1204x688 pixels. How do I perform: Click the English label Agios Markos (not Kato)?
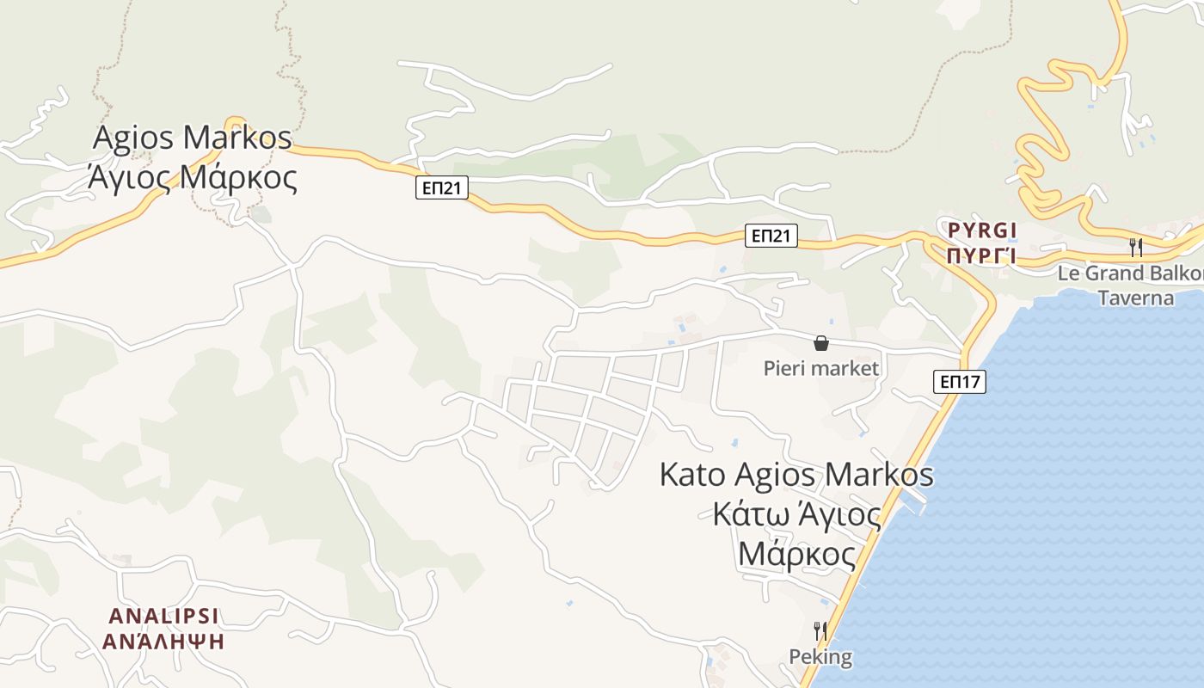click(x=192, y=138)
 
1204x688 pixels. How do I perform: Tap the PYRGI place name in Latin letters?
click(x=982, y=230)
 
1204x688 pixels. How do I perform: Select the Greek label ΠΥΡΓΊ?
click(x=982, y=255)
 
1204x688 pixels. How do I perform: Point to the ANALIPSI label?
click(x=163, y=616)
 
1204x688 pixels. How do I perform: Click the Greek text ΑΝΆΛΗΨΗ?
click(x=163, y=642)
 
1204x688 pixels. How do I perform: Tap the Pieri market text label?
click(x=821, y=369)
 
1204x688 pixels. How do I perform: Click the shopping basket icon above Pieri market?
click(x=821, y=344)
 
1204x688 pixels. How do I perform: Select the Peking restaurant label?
click(x=820, y=657)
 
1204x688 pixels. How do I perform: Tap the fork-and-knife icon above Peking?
click(x=820, y=631)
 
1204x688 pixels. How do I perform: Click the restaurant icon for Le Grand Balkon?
click(x=1136, y=248)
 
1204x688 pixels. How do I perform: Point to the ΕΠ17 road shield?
click(x=960, y=382)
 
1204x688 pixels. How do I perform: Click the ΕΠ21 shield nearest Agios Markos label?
click(x=441, y=188)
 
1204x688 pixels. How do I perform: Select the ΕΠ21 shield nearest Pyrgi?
click(x=771, y=236)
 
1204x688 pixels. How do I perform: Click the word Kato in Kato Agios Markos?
click(x=692, y=474)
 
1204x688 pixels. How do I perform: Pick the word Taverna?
click(x=1135, y=298)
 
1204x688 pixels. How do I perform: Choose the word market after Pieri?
click(x=847, y=369)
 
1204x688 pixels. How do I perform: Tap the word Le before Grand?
click(x=1067, y=273)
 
